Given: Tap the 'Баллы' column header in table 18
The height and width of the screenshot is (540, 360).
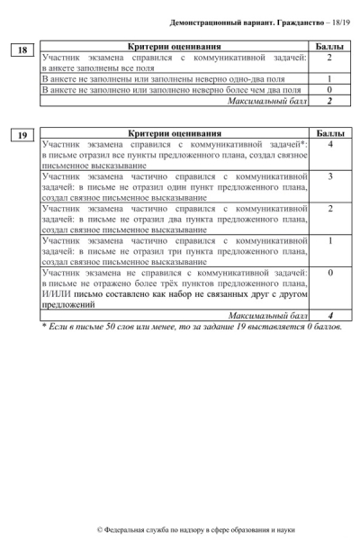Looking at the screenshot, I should [x=330, y=45].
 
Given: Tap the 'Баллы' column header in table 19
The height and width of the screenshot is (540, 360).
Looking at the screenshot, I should [x=330, y=131].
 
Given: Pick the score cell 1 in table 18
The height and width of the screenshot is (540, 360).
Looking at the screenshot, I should [x=330, y=79].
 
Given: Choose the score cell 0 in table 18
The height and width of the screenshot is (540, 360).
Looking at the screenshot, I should [x=330, y=90].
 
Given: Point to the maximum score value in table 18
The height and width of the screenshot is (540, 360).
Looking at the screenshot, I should [x=330, y=100].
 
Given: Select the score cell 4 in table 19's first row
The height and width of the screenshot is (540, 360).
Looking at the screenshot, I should [x=330, y=142].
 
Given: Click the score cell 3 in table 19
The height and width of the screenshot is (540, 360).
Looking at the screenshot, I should [x=330, y=175].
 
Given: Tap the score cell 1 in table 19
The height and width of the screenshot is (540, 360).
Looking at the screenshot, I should [x=330, y=241].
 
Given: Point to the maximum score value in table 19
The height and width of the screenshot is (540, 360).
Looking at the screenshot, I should [x=330, y=315].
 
